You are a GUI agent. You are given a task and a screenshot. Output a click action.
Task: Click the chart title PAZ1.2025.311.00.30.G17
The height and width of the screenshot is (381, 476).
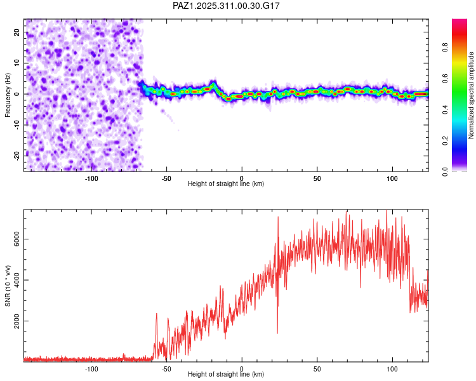(x=227, y=6)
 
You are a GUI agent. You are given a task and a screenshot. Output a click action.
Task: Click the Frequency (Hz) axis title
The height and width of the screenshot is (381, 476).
(x=8, y=95)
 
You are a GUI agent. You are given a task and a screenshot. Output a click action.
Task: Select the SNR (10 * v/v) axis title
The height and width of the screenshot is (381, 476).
(x=8, y=286)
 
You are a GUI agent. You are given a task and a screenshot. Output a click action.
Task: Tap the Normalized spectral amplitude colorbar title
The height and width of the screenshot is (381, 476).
(x=471, y=95)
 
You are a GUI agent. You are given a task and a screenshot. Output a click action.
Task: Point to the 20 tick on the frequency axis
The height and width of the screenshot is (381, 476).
(x=17, y=32)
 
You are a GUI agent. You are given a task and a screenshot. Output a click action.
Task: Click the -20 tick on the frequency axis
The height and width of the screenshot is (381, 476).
(x=15, y=155)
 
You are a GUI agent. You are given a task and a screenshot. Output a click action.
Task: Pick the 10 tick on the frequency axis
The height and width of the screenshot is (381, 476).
(x=17, y=63)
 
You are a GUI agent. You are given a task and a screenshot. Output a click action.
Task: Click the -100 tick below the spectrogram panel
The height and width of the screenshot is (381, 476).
(x=91, y=178)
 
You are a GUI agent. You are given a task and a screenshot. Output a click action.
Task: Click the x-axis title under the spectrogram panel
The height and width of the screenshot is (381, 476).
(x=226, y=184)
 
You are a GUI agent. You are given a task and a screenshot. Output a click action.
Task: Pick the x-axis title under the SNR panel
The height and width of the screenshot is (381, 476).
(x=226, y=375)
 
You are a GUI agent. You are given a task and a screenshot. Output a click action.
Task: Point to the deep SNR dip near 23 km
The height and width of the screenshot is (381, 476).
(x=277, y=331)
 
